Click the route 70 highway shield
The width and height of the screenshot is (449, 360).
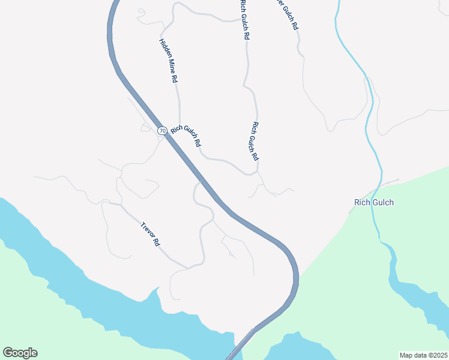[161, 130]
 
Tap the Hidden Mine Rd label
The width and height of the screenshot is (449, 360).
[168, 61]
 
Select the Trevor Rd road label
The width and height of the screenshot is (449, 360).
[151, 235]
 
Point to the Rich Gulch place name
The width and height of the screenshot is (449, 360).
[374, 202]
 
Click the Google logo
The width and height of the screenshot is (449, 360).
[20, 353]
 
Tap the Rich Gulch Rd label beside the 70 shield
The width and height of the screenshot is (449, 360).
[185, 136]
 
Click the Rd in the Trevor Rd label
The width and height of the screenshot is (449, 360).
[157, 243]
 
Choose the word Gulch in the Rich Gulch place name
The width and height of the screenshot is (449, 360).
[382, 202]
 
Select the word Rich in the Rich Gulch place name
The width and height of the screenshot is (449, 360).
[361, 202]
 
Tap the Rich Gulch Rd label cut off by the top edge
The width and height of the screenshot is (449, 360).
[244, 20]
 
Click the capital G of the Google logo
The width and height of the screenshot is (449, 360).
[8, 353]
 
